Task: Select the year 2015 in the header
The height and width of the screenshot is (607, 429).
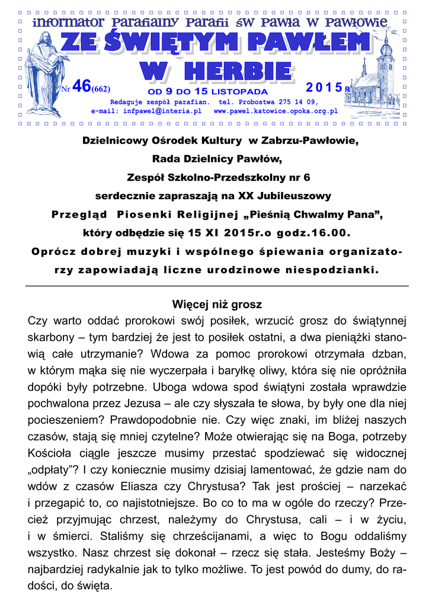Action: [324, 88]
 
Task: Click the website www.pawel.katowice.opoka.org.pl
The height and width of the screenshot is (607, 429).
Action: [276, 110]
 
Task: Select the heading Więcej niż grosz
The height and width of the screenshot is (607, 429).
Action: [217, 305]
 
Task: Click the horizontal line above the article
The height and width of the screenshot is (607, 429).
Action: [217, 286]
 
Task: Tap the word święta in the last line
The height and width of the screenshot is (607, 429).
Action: [90, 586]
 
